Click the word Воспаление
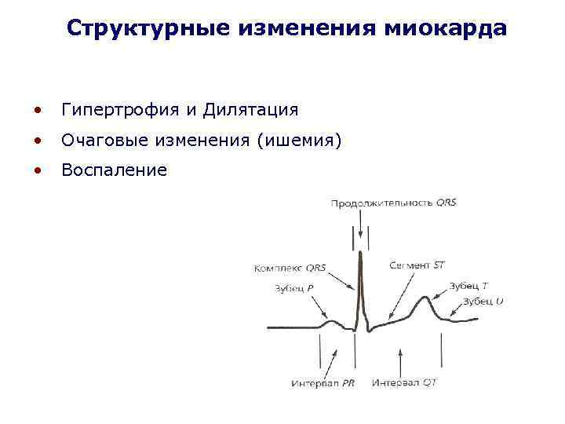click(114, 170)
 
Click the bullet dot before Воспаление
click(38, 170)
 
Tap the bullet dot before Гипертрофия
click(38, 110)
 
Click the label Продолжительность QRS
click(393, 203)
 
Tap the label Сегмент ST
click(417, 265)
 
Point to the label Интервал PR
click(323, 383)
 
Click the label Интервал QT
click(404, 383)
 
